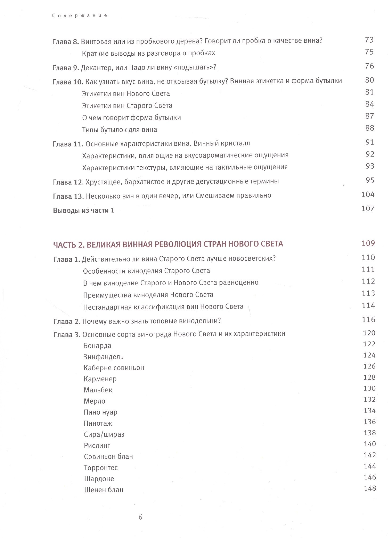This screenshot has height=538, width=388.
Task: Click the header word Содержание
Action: (80, 16)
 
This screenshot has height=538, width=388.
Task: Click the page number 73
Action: (369, 40)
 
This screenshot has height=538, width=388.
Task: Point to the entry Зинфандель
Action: (103, 357)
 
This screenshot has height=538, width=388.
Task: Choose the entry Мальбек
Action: (98, 390)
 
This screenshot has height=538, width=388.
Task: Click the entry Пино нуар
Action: (100, 412)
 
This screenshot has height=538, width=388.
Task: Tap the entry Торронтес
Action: (101, 468)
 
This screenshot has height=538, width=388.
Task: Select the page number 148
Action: (370, 488)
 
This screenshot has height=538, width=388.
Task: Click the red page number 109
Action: (368, 243)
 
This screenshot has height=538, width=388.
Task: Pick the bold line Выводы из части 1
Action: (84, 210)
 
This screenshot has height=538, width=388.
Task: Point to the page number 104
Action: (368, 195)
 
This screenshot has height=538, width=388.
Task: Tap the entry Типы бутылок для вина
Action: (120, 130)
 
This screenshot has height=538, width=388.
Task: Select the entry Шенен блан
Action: (104, 490)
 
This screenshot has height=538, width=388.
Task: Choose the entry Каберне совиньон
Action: (114, 368)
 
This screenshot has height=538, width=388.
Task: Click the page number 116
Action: (369, 319)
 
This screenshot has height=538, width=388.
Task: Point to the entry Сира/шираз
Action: (104, 434)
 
